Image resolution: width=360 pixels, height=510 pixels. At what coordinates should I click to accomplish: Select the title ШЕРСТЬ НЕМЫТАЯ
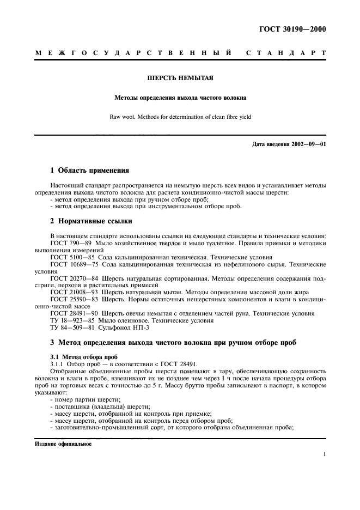click(180, 77)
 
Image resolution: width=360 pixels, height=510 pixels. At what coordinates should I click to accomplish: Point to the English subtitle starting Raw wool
click(180, 116)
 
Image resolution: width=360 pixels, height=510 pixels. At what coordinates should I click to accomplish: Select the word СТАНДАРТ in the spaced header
click(286, 53)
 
